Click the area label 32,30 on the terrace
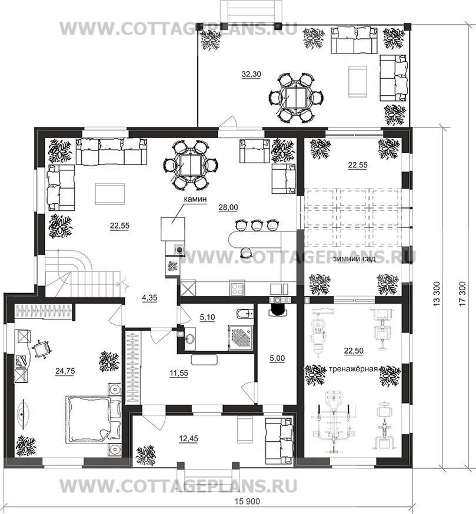(x=251, y=75)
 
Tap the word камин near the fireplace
(x=195, y=199)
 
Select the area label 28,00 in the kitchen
(x=228, y=207)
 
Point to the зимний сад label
(x=354, y=259)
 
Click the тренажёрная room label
(x=353, y=368)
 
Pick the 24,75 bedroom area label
(x=65, y=371)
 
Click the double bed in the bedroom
(x=93, y=419)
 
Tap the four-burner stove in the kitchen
(x=237, y=288)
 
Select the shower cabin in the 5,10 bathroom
(x=241, y=337)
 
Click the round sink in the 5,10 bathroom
(x=190, y=340)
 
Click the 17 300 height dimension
(x=462, y=294)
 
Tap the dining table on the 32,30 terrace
(x=296, y=98)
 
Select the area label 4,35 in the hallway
(x=149, y=298)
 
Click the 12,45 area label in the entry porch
(x=189, y=438)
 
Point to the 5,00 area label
(x=277, y=358)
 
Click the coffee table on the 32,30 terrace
(x=357, y=81)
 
